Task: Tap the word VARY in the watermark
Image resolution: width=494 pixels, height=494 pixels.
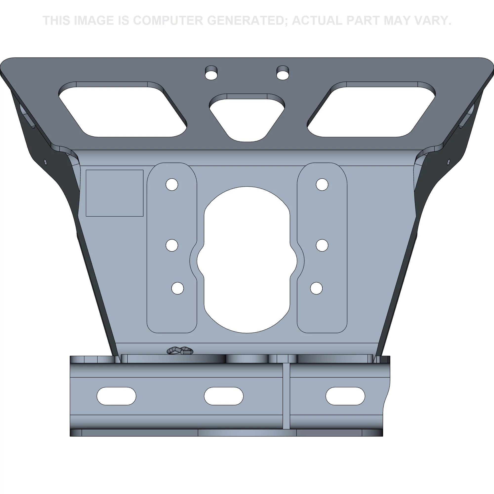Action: pos(432,21)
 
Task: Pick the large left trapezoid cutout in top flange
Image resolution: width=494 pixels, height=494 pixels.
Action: pos(123,109)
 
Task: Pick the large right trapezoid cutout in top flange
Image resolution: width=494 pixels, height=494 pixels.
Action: pos(371,109)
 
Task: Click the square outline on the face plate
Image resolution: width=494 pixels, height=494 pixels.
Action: pos(115,193)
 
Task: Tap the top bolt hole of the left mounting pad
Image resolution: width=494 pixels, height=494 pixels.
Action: pos(172,184)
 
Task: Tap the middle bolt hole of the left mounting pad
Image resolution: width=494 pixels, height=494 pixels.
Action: pos(172,245)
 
